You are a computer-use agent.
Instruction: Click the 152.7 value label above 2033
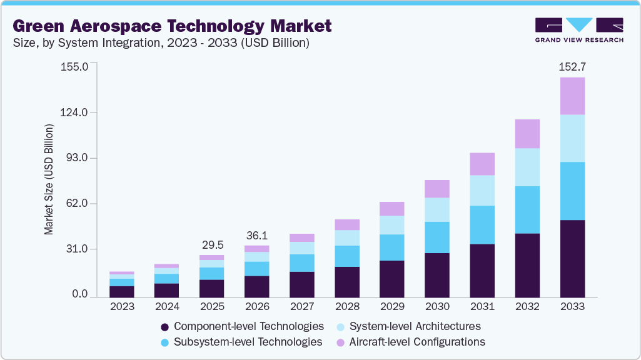click(x=572, y=66)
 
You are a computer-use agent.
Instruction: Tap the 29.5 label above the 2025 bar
click(x=211, y=244)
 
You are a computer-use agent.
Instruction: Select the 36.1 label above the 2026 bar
click(x=256, y=235)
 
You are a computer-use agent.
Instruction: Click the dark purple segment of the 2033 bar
click(x=572, y=258)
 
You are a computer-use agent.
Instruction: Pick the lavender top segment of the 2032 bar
click(x=527, y=134)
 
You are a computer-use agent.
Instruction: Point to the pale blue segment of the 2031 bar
click(x=482, y=190)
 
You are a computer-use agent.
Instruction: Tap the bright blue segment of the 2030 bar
click(x=437, y=237)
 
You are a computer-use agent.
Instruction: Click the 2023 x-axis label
click(x=122, y=307)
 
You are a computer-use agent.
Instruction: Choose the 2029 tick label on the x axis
click(x=392, y=307)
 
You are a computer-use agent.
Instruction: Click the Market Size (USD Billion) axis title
click(x=49, y=179)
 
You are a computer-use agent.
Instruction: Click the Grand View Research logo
click(x=579, y=30)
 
